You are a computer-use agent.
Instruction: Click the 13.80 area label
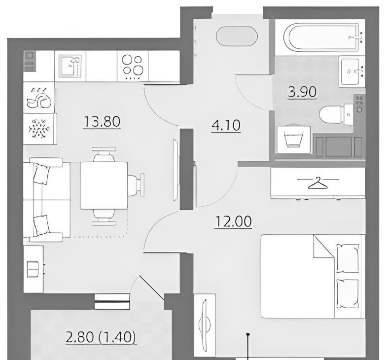coord(102,122)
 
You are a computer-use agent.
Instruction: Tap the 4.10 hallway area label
coord(226,125)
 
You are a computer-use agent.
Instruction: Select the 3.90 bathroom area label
coord(302,92)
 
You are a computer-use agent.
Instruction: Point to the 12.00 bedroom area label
coord(233,221)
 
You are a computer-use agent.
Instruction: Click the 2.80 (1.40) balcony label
coord(101,337)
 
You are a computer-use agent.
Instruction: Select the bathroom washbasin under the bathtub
coord(351,72)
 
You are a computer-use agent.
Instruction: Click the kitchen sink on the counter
coord(70,66)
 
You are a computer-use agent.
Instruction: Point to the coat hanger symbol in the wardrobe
coord(318,183)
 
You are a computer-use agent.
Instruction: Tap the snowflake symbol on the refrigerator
coord(39,129)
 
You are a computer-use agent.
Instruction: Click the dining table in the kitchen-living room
coord(104,185)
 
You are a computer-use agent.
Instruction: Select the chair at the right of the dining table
coord(136,185)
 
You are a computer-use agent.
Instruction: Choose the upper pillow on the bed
coord(348,258)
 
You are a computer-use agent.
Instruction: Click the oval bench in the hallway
coord(237,36)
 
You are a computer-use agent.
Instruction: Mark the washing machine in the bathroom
coord(294,140)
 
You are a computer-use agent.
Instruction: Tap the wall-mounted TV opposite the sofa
coord(176,170)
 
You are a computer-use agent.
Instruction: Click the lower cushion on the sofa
coord(41,225)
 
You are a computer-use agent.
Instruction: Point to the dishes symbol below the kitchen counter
coord(39,98)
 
